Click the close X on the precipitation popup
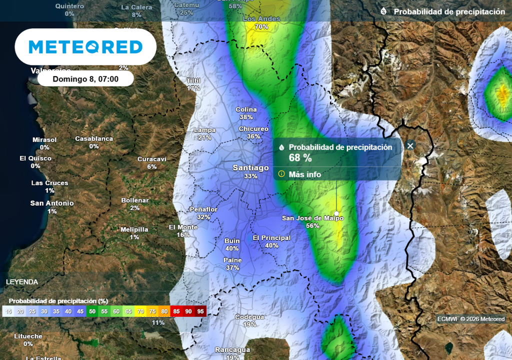pyautogui.click(x=410, y=145)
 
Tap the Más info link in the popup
pyautogui.click(x=304, y=174)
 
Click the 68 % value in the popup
pyautogui.click(x=300, y=158)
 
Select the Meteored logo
pyautogui.click(x=85, y=47)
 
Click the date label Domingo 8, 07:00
pyautogui.click(x=85, y=79)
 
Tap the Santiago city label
pyautogui.click(x=250, y=168)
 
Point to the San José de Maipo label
pyautogui.click(x=313, y=218)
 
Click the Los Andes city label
pyautogui.click(x=261, y=19)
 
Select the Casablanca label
pyautogui.click(x=94, y=138)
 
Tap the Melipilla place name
pyautogui.click(x=134, y=229)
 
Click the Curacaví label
pyautogui.click(x=152, y=159)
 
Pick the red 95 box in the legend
pyautogui.click(x=200, y=311)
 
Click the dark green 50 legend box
pyautogui.click(x=92, y=311)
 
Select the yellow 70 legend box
pyautogui.click(x=140, y=311)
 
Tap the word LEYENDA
pyautogui.click(x=22, y=282)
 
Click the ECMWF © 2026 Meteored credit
pyautogui.click(x=471, y=319)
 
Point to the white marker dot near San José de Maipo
pyautogui.click(x=336, y=213)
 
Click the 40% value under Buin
pyautogui.click(x=232, y=248)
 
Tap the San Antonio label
pyautogui.click(x=52, y=203)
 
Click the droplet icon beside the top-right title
pyautogui.click(x=383, y=11)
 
